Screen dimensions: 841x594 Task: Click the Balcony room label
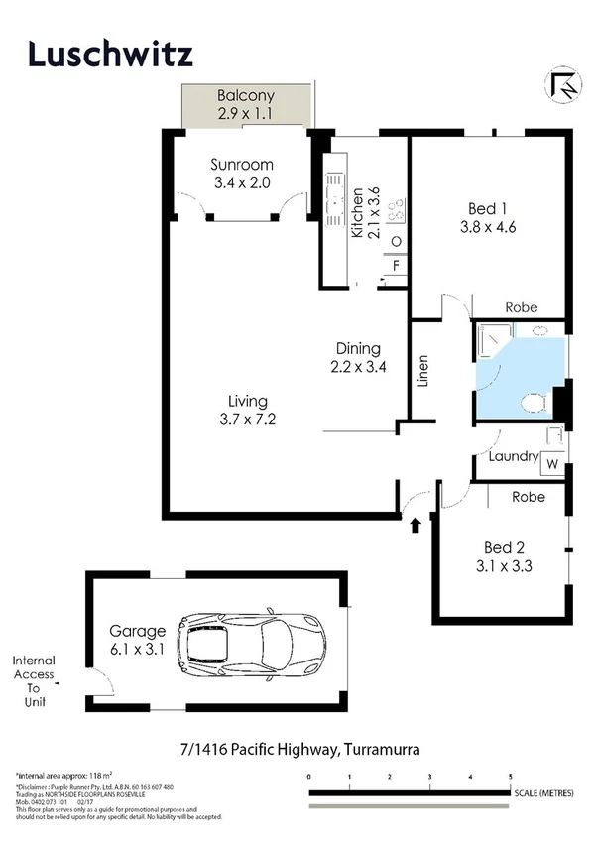click(x=245, y=97)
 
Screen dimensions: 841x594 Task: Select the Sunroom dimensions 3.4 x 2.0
click(x=242, y=182)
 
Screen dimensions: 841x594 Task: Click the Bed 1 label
click(x=489, y=208)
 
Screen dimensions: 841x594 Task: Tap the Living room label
click(x=248, y=401)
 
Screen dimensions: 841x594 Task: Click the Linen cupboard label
click(x=423, y=371)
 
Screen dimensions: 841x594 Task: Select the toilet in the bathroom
click(x=533, y=401)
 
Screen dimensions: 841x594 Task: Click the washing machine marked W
click(x=552, y=463)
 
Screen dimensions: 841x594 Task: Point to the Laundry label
click(x=514, y=458)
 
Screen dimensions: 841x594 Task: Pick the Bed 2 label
click(x=504, y=547)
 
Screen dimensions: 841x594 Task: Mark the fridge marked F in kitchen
click(x=396, y=266)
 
